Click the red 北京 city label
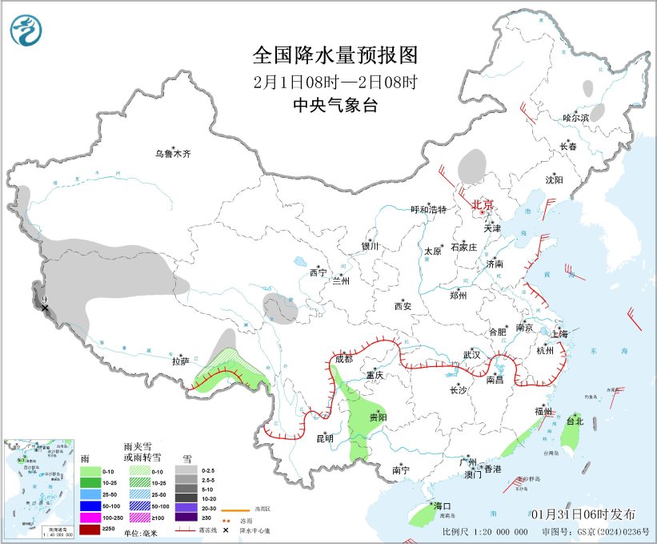tap(483, 205)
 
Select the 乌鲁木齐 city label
tap(174, 153)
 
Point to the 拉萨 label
tap(180, 362)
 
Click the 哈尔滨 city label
tap(575, 118)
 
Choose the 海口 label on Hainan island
tap(443, 506)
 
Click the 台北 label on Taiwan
tap(575, 421)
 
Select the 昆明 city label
tap(324, 438)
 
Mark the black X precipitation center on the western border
tap(45, 308)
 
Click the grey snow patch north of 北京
tap(471, 166)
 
